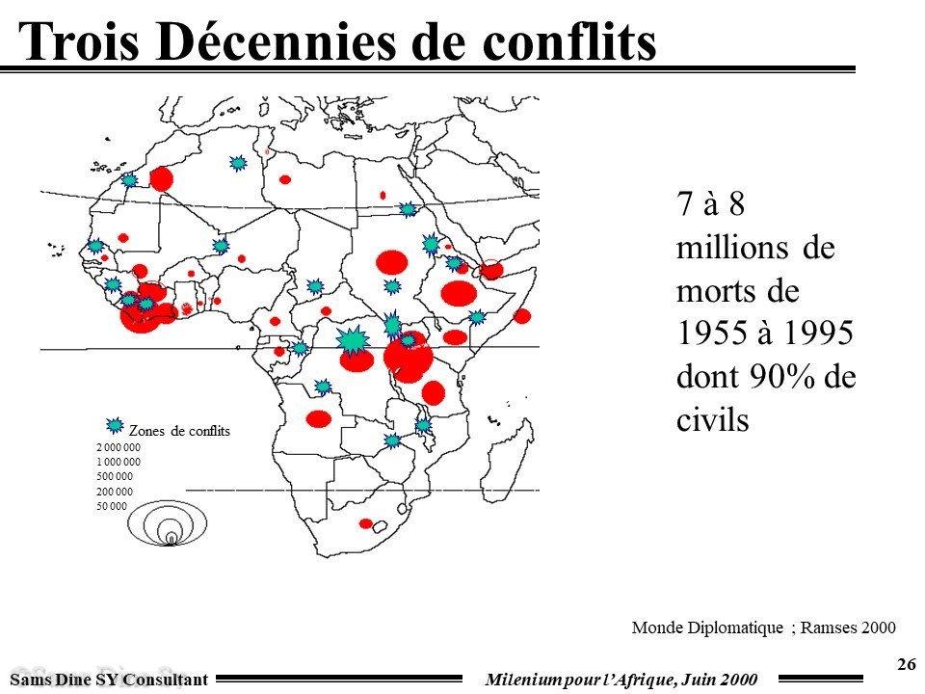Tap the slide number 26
(906, 664)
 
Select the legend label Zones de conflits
(179, 432)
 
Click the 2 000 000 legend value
(119, 448)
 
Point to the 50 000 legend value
(112, 506)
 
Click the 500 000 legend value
(115, 477)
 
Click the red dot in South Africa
(366, 523)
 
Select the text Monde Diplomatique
(707, 628)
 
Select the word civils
(713, 421)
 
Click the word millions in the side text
(733, 248)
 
